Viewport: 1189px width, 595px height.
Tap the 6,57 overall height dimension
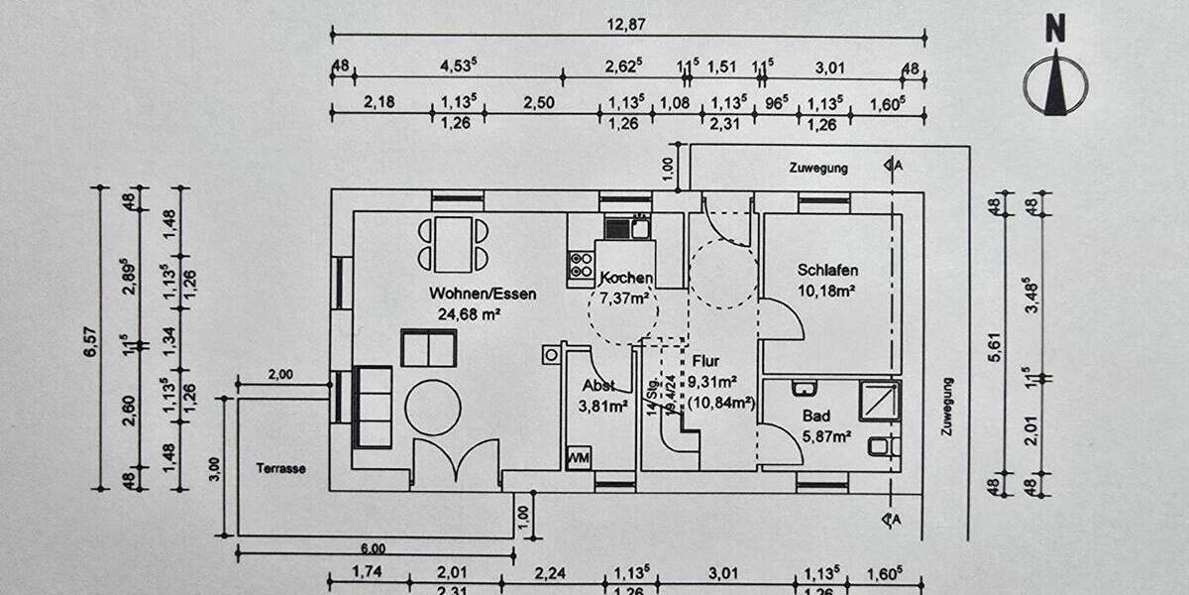89,338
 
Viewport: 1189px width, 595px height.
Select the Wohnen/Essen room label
483,294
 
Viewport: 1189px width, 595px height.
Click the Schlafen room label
827,270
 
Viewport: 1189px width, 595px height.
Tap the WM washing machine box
579,458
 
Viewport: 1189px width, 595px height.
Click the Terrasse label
280,468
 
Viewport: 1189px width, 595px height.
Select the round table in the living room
433,408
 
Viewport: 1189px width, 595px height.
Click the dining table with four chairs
453,244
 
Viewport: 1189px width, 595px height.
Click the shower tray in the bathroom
879,401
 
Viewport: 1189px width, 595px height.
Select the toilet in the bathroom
881,446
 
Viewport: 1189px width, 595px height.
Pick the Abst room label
597,386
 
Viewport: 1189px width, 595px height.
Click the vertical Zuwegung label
948,408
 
